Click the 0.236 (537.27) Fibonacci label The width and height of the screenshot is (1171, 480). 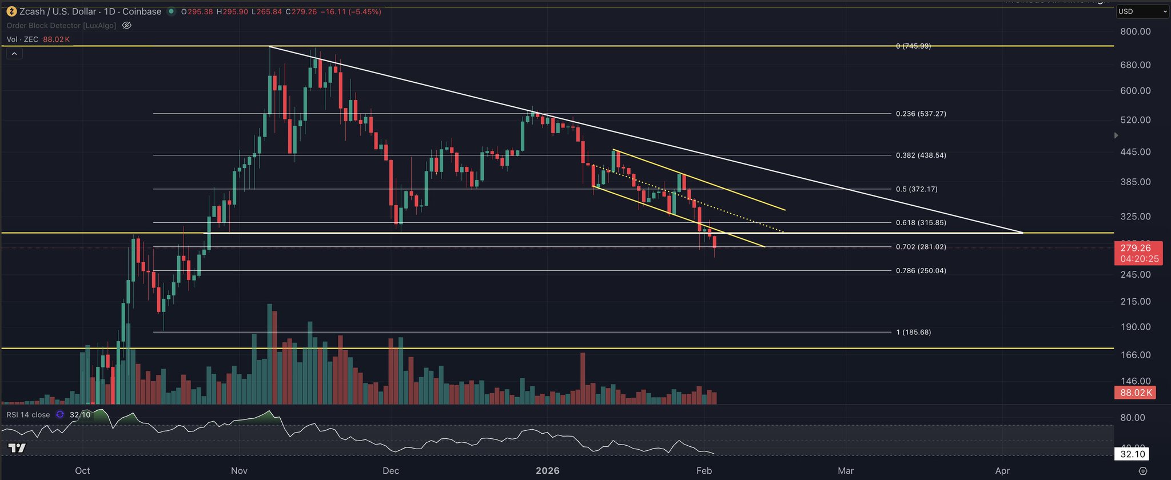(921, 114)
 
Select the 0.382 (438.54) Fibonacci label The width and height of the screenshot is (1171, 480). (921, 155)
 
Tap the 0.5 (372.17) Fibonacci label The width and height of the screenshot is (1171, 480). (917, 189)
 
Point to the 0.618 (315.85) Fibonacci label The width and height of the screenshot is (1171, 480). (921, 223)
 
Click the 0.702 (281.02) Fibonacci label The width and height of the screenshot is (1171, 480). (921, 247)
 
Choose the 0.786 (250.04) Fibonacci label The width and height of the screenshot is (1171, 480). (921, 271)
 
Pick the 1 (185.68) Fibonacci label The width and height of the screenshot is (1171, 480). (913, 332)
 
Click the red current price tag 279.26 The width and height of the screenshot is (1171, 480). (1136, 248)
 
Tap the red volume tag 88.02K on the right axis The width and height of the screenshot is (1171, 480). (1134, 393)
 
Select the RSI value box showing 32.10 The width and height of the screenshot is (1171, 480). (1132, 454)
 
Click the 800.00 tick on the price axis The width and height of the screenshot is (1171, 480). (1136, 31)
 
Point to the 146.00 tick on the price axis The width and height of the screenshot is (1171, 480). (1136, 381)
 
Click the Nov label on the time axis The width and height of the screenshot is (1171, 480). (239, 471)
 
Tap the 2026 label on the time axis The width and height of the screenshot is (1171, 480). (547, 471)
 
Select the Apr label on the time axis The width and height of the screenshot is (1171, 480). (1002, 471)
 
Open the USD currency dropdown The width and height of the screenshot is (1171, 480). (1142, 11)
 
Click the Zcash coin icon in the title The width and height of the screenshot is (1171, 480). (11, 11)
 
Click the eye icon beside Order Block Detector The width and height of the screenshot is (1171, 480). (127, 26)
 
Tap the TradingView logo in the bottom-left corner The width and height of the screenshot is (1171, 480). (17, 448)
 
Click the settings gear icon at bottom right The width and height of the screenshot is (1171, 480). (1142, 471)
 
